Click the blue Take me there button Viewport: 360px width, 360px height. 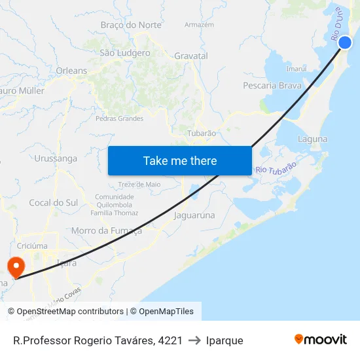point(180,160)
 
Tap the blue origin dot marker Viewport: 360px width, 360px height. point(345,43)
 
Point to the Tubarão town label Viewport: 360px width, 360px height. point(202,133)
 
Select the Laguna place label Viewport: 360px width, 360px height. point(312,139)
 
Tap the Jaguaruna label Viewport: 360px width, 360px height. point(194,214)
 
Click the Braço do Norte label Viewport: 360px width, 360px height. point(131,25)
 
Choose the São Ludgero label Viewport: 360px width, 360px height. point(124,53)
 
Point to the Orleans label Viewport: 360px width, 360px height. point(71,71)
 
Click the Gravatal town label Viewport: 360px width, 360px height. point(191,56)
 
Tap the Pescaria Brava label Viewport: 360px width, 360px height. point(272,85)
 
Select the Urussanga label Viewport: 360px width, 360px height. point(56,158)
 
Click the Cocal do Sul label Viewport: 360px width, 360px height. point(53,203)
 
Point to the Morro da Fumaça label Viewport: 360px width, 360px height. point(106,230)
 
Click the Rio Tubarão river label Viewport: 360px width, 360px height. point(276,168)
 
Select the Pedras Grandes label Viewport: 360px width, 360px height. point(119,118)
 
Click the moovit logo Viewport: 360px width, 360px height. point(321,339)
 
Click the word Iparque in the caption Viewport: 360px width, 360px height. point(225,340)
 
